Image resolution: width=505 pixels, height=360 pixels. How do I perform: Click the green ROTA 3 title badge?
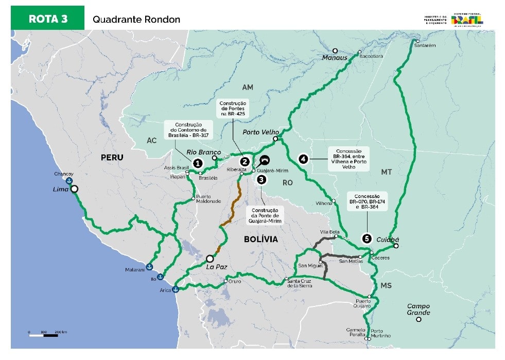coord(47,19)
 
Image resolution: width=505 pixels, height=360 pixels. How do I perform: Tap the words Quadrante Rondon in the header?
coord(136,20)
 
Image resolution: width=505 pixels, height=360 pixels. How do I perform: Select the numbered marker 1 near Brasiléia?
coord(197,163)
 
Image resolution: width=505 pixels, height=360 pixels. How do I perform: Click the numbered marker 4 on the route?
coord(303,159)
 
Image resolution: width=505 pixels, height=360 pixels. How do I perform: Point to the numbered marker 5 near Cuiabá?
coord(366,238)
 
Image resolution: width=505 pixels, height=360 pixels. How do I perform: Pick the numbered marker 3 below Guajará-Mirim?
coord(262,179)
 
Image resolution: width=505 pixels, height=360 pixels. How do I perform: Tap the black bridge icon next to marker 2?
coord(265,160)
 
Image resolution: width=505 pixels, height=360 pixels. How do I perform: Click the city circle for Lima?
coord(75,189)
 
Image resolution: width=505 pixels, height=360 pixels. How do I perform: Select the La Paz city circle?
coord(210,259)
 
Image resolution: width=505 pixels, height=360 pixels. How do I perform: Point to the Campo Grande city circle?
coord(419,319)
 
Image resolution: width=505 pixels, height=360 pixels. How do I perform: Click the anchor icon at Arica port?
coord(176,289)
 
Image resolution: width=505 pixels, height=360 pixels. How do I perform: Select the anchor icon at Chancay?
coord(68,181)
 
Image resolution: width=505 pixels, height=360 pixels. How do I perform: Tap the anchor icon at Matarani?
coord(149,267)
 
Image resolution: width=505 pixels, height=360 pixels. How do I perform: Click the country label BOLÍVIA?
coord(260,239)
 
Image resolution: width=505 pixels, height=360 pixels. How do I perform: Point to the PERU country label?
coord(112,157)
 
